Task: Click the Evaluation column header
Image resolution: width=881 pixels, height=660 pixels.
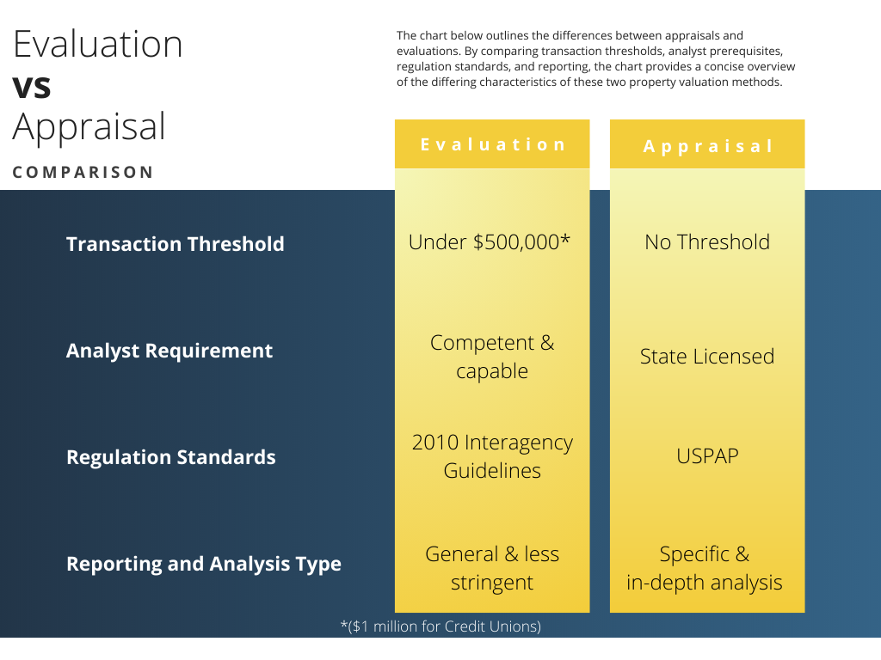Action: pos(492,144)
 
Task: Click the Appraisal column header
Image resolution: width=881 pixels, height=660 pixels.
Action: pos(707,146)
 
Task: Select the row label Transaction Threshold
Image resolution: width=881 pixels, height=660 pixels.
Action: pos(176,244)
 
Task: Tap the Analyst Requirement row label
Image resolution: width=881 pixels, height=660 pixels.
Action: pos(169,351)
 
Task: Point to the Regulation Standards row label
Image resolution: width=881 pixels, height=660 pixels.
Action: pos(171,457)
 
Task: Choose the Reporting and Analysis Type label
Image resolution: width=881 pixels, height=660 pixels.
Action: pos(204,564)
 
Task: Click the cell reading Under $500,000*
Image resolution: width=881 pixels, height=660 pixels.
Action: pos(490,242)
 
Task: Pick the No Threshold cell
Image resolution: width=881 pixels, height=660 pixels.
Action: pos(707,242)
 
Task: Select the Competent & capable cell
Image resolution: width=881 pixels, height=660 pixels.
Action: pos(492,357)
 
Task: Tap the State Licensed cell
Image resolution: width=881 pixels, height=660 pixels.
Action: pos(707,357)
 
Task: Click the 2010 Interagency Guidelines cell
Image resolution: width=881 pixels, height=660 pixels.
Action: pos(492,456)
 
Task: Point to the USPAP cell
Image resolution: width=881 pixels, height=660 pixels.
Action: pos(707,455)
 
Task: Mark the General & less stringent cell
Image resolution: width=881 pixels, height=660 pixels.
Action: pos(492,568)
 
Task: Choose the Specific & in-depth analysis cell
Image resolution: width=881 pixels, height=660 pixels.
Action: pos(705,568)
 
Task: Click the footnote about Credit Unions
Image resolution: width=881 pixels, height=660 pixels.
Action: pos(440,626)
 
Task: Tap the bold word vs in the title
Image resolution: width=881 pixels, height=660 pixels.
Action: pos(32,86)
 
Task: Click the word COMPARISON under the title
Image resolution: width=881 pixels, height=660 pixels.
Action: pos(83,172)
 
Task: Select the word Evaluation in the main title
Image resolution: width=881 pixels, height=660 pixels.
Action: pos(98,45)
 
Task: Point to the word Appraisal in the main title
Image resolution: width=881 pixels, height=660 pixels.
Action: pos(89,127)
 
